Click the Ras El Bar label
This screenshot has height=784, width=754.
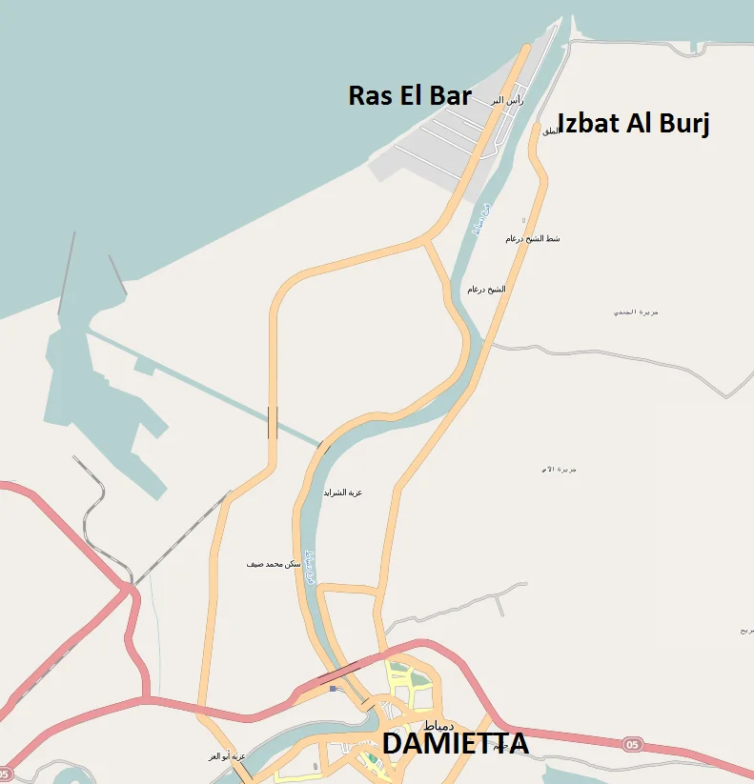coord(410,95)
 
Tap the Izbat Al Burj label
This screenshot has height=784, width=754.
coord(633,124)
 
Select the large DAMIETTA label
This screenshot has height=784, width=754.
coord(455,744)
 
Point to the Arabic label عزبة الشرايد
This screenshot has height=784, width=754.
coord(343,493)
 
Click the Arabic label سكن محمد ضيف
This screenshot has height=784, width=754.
coord(274,564)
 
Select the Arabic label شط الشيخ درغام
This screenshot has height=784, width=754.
coord(532,238)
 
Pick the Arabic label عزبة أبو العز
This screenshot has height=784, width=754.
coord(227,756)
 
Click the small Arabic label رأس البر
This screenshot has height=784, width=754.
coord(507,100)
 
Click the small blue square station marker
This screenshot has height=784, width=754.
coord(333,688)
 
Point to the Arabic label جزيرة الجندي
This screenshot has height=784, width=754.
coord(636,312)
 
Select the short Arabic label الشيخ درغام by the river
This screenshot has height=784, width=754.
coord(486,289)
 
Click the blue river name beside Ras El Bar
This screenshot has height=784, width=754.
coord(481,219)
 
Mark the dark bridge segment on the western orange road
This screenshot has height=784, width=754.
coord(274,422)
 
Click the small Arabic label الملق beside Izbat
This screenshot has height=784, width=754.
coord(550,131)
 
